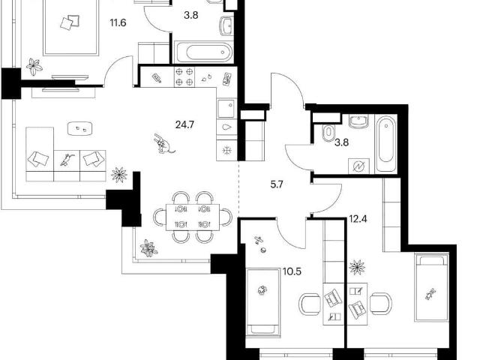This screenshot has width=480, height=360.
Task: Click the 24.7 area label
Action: click(x=184, y=125)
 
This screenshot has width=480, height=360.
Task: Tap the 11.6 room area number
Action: click(x=118, y=22)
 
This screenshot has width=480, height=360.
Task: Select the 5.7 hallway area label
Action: click(x=277, y=184)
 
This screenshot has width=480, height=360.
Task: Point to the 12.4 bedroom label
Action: click(x=358, y=219)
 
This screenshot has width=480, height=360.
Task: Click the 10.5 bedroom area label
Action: click(x=292, y=271)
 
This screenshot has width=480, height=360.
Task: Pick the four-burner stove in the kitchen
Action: click(x=184, y=77)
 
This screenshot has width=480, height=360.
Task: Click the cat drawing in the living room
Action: click(x=164, y=143)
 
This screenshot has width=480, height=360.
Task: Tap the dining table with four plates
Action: click(x=193, y=217)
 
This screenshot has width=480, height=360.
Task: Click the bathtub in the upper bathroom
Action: click(x=203, y=52)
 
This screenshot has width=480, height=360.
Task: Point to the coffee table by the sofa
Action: click(x=79, y=128)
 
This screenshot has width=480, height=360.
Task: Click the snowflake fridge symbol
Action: click(x=226, y=151)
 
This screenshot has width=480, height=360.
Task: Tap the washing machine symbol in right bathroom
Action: click(x=358, y=166)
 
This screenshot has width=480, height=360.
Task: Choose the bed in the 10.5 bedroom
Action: click(x=263, y=302)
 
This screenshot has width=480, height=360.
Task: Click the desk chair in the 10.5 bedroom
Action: click(x=310, y=304)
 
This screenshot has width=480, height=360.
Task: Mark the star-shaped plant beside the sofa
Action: click(x=119, y=175)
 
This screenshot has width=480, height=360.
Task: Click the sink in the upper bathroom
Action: click(x=226, y=25)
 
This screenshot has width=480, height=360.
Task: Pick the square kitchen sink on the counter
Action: click(x=226, y=108)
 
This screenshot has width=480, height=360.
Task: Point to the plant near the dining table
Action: click(x=148, y=248)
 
